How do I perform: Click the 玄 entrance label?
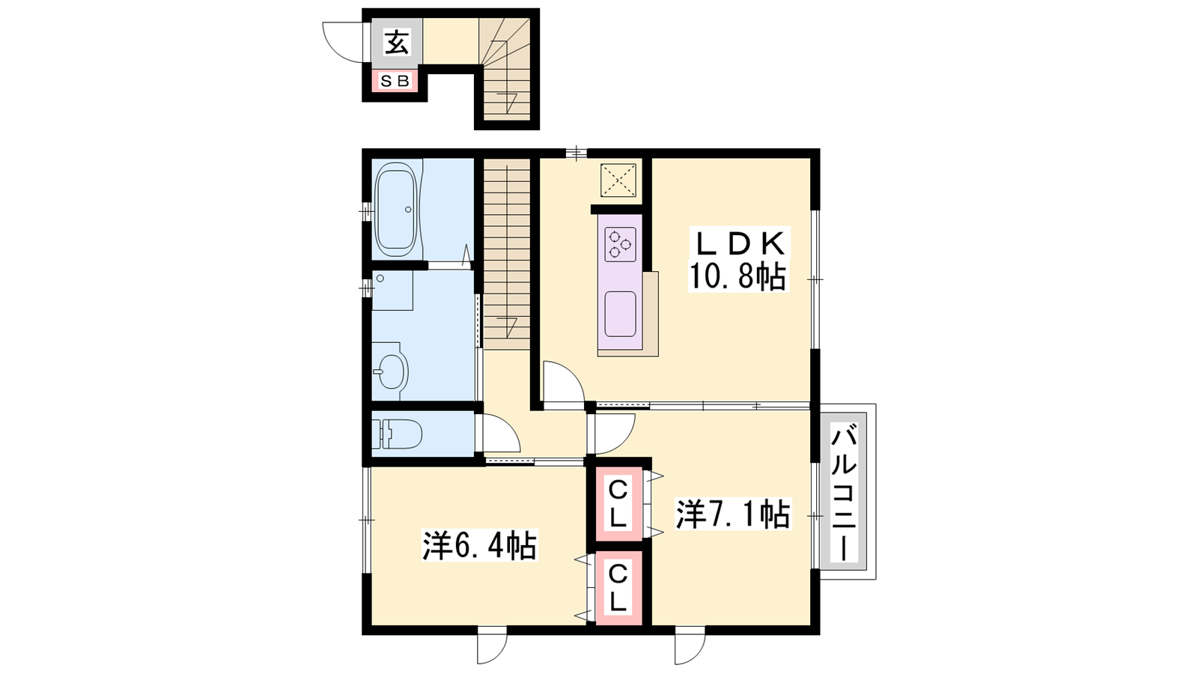tap(397, 42)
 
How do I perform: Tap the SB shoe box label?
tap(395, 81)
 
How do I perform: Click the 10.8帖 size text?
tap(738, 276)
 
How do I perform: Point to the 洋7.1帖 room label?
tap(733, 514)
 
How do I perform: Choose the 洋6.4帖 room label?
tap(479, 545)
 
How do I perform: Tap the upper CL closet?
tap(618, 503)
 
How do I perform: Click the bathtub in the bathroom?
tap(396, 210)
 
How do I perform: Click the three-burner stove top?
tap(621, 244)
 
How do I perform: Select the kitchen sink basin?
tap(621, 314)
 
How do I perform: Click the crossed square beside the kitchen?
tap(618, 180)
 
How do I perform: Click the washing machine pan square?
tap(392, 291)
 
